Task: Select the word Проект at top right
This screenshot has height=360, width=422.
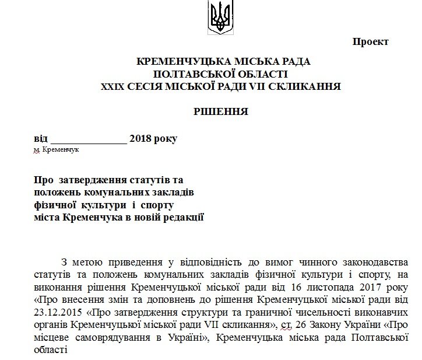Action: click(370, 42)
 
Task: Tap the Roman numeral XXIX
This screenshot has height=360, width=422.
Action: click(114, 86)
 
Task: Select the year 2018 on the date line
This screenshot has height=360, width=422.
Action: click(140, 139)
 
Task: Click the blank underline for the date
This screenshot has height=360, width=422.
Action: click(89, 140)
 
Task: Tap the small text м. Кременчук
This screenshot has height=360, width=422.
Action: click(57, 150)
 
